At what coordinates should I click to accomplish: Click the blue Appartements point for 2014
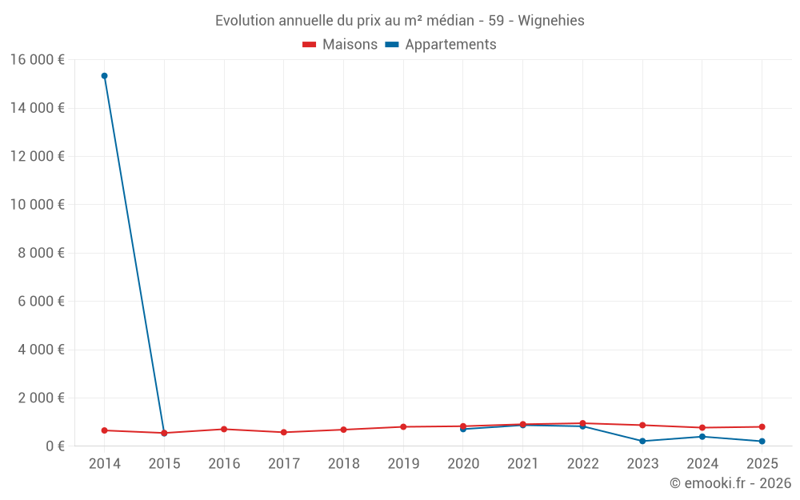click(x=105, y=76)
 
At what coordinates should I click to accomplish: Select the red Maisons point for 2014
click(x=105, y=430)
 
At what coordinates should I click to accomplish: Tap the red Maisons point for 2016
click(x=224, y=430)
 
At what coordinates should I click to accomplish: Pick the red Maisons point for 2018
click(x=343, y=430)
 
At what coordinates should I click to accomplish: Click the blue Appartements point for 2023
click(x=642, y=442)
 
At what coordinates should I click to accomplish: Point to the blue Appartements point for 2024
click(x=702, y=437)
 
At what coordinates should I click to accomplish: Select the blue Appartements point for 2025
click(x=762, y=442)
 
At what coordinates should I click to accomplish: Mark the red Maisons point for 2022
click(x=582, y=423)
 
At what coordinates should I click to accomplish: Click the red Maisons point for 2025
click(x=762, y=427)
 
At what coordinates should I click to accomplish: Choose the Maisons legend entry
click(x=340, y=45)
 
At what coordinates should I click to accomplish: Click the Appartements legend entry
click(x=441, y=45)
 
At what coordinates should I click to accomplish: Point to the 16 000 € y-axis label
click(x=38, y=60)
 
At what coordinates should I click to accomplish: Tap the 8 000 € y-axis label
click(x=42, y=253)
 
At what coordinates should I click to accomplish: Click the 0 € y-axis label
click(x=55, y=446)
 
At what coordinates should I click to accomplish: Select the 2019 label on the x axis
click(x=403, y=464)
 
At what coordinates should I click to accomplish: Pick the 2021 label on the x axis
click(x=523, y=464)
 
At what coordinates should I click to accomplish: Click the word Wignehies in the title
click(x=551, y=21)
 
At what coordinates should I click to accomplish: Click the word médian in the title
click(x=450, y=21)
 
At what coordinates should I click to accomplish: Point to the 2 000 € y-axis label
click(x=42, y=398)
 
